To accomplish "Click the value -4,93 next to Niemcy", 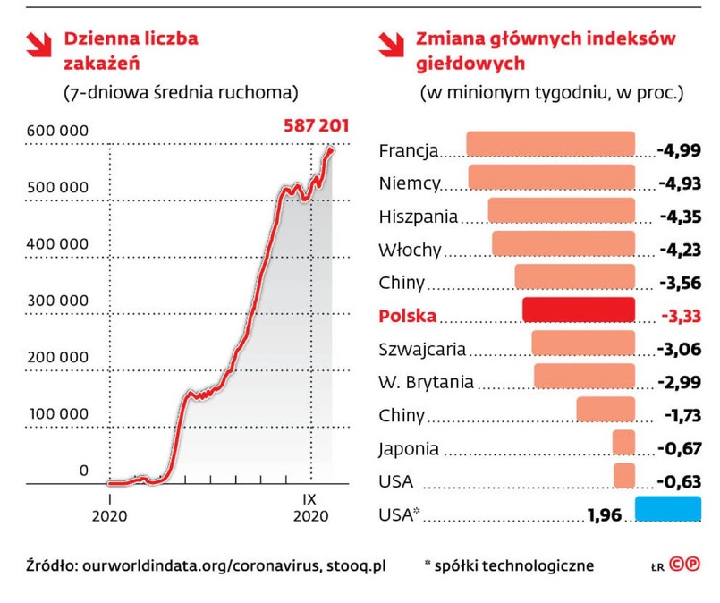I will pyautogui.click(x=678, y=183).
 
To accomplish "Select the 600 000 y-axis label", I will pyautogui.click(x=58, y=131).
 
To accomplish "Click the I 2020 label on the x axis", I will pyautogui.click(x=109, y=507).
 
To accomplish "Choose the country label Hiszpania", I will pyautogui.click(x=419, y=217).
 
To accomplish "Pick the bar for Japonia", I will pyautogui.click(x=623, y=442).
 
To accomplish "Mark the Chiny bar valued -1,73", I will pyautogui.click(x=606, y=409).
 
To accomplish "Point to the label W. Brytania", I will pyautogui.click(x=427, y=382).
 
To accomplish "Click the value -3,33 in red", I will pyautogui.click(x=680, y=316).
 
